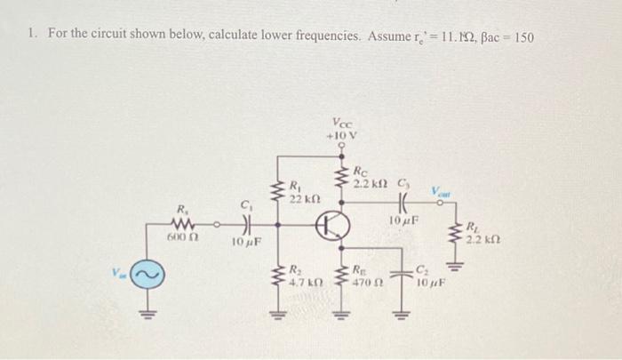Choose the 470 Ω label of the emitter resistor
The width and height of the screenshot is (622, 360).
click(365, 281)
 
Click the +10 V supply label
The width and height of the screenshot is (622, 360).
click(340, 135)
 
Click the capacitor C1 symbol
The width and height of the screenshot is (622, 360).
click(246, 224)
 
